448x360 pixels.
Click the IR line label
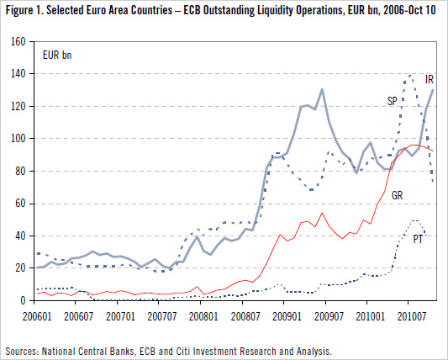tap(429, 77)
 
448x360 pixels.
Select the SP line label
tap(392, 100)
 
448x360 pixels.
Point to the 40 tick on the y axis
tap(28, 236)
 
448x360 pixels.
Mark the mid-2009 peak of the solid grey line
tap(321, 89)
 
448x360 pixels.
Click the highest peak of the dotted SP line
tap(409, 75)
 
